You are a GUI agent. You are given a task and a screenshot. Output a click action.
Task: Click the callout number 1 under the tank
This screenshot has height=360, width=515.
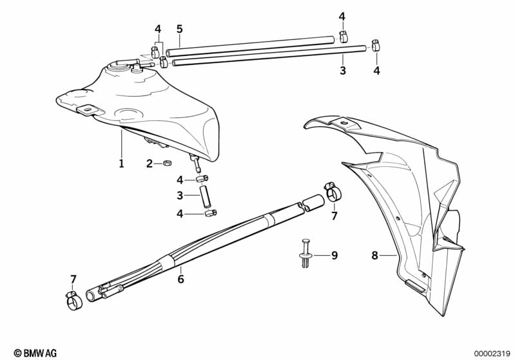point(122,164)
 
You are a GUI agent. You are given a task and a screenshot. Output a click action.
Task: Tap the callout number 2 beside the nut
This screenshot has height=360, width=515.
point(150,164)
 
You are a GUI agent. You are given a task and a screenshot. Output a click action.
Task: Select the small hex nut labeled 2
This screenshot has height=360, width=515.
point(167,162)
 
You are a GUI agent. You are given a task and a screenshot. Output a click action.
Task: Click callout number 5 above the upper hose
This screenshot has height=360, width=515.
point(179,29)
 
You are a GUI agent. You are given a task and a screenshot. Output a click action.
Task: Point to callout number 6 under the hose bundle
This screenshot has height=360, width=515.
point(180,279)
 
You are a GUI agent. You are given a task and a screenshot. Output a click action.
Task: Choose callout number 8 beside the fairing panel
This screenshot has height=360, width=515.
point(374,255)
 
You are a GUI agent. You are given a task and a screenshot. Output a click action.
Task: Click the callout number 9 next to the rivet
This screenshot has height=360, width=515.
point(335,255)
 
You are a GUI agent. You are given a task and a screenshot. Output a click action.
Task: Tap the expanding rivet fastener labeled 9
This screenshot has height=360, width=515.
point(306,253)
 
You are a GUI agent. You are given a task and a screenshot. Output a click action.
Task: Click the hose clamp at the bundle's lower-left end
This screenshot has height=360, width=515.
point(73,300)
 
